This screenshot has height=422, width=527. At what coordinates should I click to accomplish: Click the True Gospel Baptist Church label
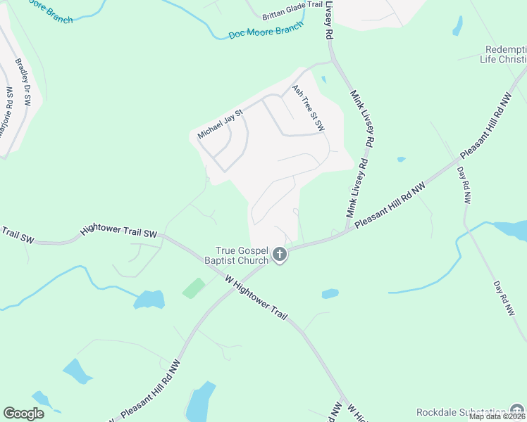pos(242,255)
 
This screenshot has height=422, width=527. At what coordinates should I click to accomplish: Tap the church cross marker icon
pos(280,255)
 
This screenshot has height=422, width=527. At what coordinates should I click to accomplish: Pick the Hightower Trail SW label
pos(118,229)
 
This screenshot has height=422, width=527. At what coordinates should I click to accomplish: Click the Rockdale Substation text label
pos(461,411)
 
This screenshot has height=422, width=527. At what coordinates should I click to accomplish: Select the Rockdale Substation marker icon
pos(517,411)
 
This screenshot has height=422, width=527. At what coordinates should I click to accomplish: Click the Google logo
pos(23,414)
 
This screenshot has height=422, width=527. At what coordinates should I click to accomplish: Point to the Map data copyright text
pos(497,416)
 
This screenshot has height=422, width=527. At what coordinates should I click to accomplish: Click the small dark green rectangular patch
pos(194,288)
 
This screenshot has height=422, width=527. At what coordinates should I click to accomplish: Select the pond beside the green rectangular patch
pos(149,300)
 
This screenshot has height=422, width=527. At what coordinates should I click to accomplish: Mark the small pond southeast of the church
pos(330,294)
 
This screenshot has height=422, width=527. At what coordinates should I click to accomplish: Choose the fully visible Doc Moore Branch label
pos(266,30)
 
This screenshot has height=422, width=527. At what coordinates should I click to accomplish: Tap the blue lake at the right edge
pos(512,229)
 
